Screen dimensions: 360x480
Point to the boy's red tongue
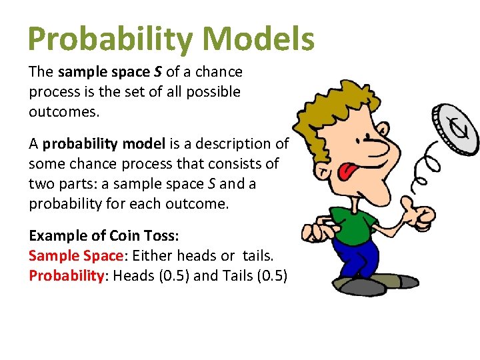[347, 173]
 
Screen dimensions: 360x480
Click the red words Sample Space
[76, 256]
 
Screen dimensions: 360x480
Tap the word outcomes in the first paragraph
[63, 111]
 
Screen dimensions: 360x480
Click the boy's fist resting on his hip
[314, 231]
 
